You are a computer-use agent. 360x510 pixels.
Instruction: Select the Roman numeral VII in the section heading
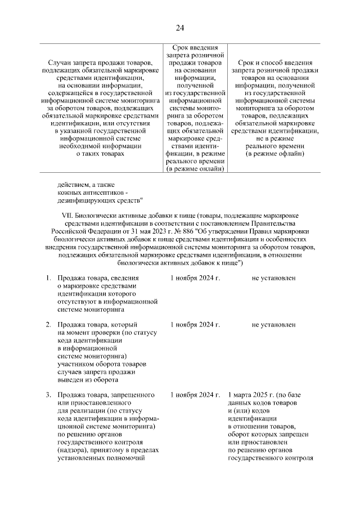point(68,216)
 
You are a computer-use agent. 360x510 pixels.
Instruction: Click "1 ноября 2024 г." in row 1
point(195,278)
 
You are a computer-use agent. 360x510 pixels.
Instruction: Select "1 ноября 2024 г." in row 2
point(195,325)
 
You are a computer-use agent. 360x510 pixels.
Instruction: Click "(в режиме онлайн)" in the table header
point(195,168)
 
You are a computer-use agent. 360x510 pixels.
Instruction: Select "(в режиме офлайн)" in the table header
point(274,153)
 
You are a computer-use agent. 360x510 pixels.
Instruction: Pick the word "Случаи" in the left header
point(61,62)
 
